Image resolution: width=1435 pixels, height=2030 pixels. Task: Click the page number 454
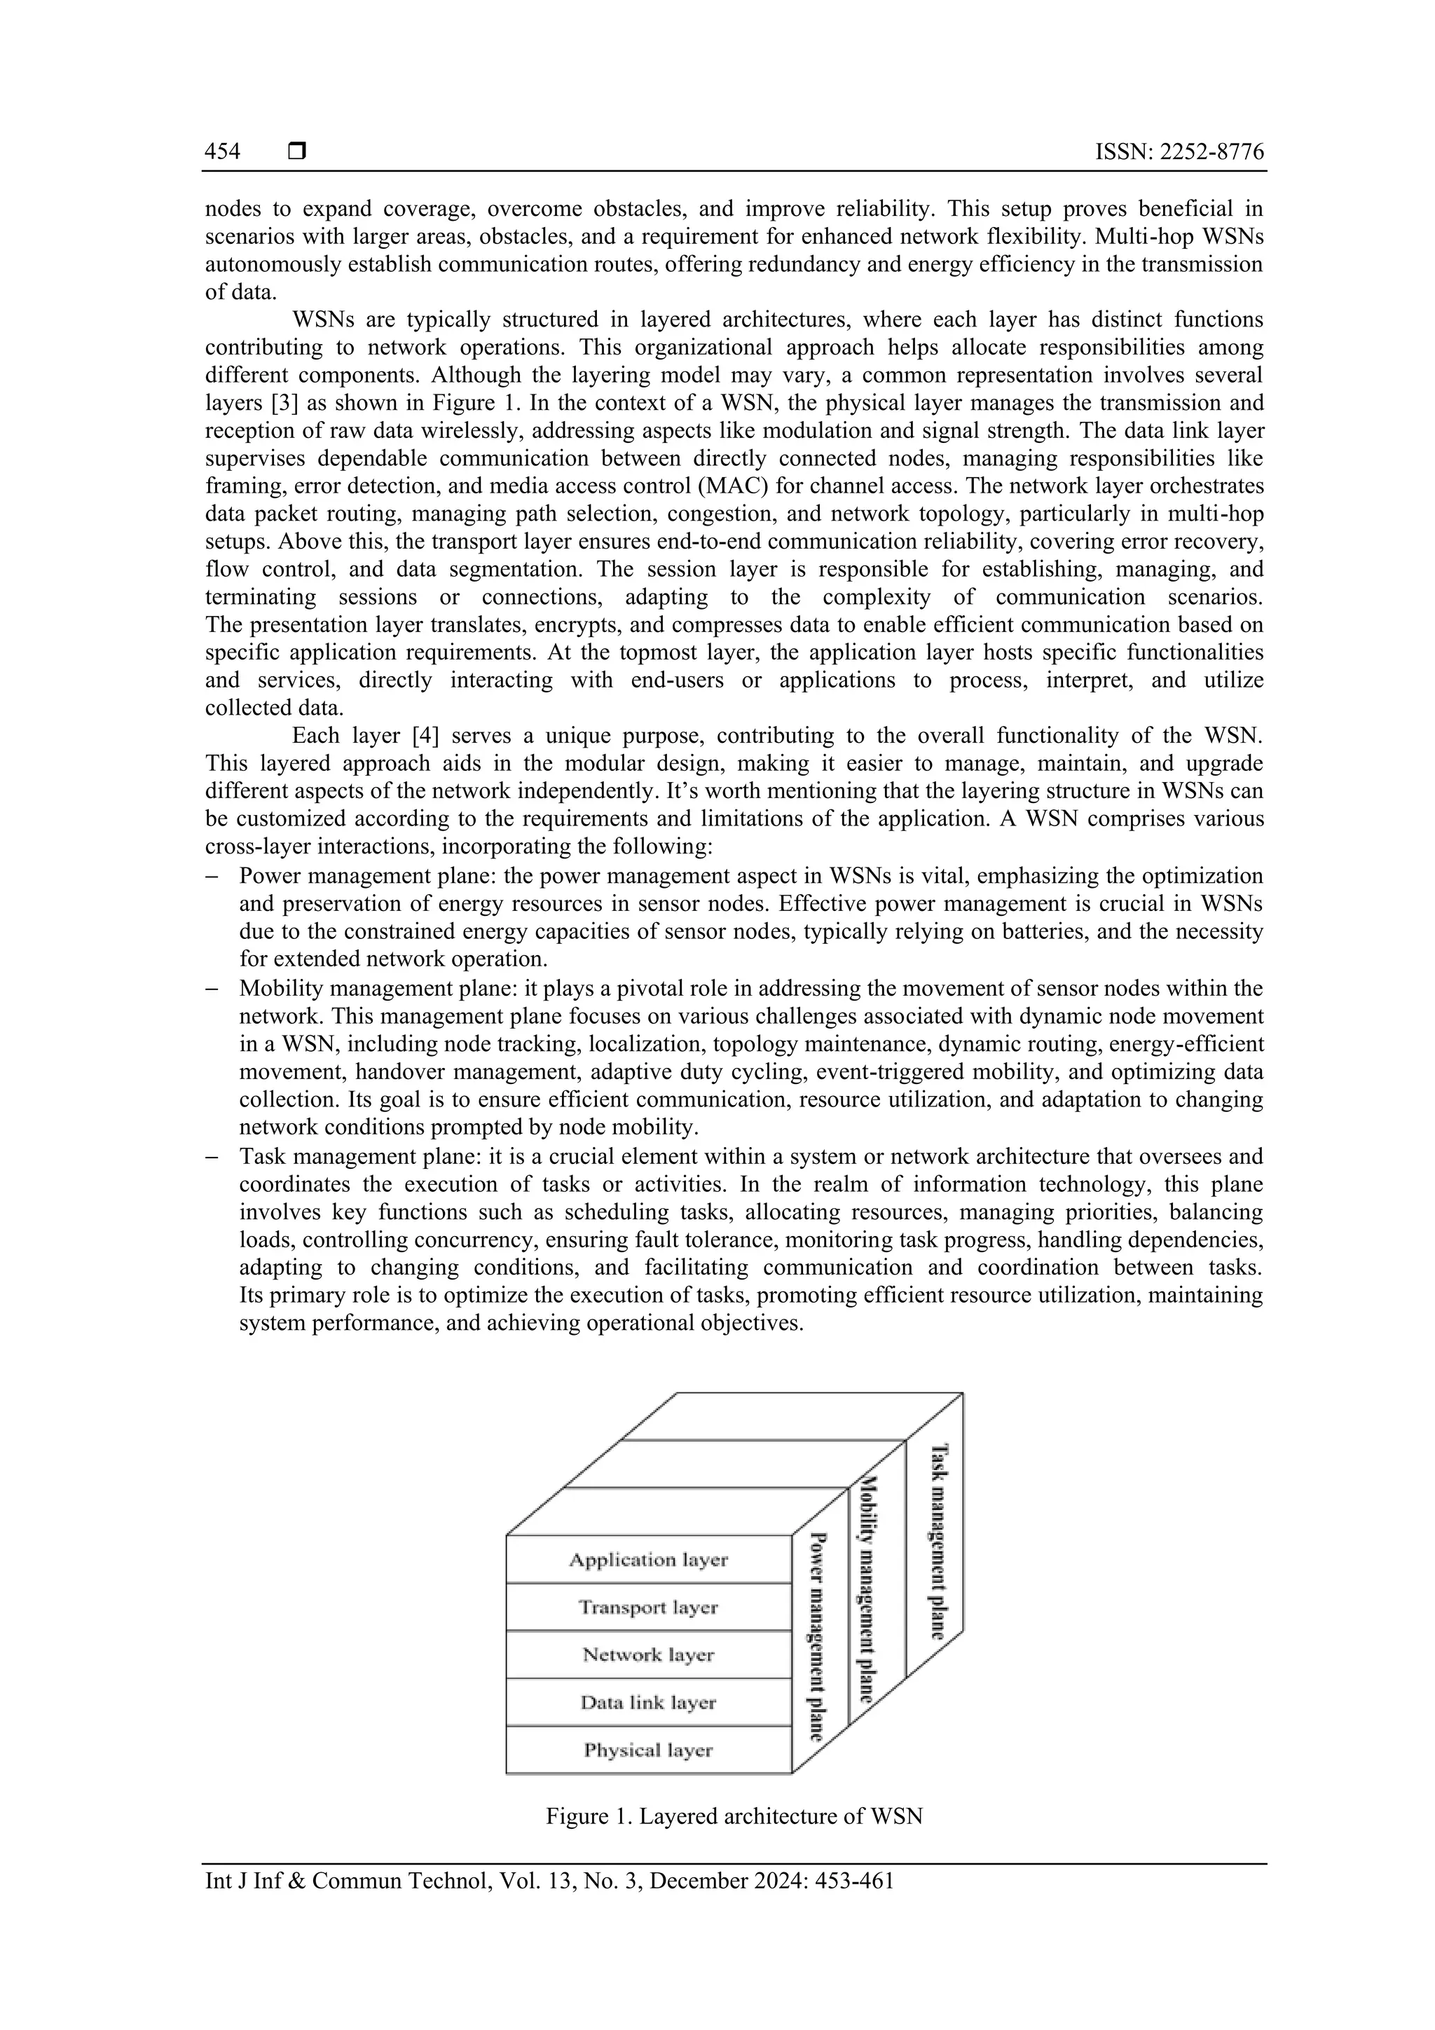pyautogui.click(x=222, y=152)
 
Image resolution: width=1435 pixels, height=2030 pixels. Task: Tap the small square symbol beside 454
pyautogui.click(x=297, y=152)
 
